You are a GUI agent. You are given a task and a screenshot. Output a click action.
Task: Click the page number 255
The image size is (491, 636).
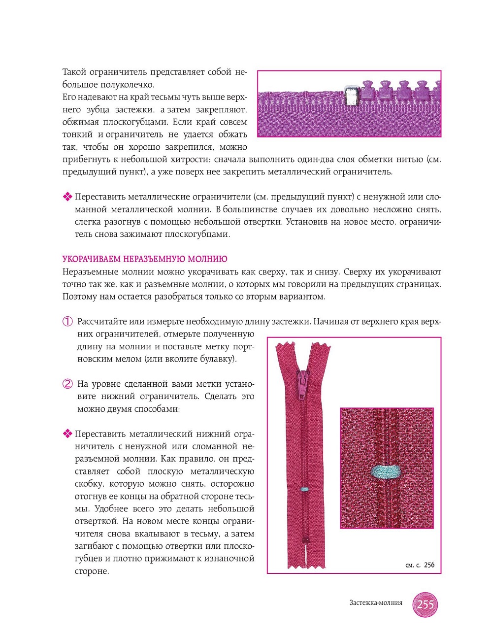[x=425, y=604]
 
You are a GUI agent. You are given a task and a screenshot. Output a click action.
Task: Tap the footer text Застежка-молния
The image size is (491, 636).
[x=375, y=603]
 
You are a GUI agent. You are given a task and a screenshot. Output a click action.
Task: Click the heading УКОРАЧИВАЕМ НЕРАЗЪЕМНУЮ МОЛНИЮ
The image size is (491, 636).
[x=144, y=259]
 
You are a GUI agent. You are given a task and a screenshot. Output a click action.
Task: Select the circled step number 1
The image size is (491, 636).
[x=67, y=322]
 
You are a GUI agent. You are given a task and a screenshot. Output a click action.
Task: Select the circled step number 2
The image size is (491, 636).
[x=67, y=384]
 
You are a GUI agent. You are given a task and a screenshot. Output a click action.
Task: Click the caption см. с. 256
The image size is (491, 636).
[x=420, y=565]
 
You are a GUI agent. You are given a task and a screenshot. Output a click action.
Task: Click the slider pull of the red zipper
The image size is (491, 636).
[x=302, y=383]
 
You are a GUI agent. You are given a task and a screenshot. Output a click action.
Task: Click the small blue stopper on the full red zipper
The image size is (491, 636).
[x=303, y=490]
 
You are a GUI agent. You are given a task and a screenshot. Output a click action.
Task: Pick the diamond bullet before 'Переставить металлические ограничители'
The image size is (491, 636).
[x=67, y=197]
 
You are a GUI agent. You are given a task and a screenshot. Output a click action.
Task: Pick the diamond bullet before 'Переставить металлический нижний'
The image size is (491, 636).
[x=67, y=434]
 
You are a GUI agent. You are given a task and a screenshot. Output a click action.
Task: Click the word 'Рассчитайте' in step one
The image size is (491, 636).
[x=102, y=322]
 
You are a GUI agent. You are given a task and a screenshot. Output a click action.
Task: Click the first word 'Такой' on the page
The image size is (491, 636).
[x=74, y=72]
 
